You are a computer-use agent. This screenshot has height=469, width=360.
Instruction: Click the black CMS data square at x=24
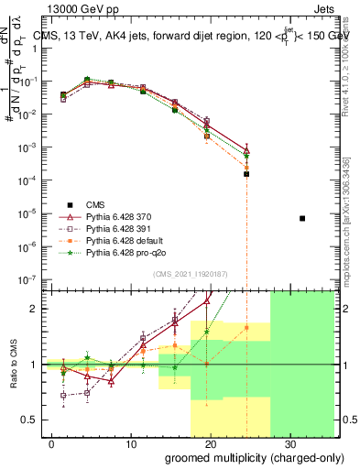click(x=246, y=173)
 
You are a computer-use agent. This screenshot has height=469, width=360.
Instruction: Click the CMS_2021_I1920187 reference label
click(x=188, y=273)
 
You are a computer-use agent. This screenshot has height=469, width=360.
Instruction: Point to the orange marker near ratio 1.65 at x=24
click(x=246, y=327)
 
